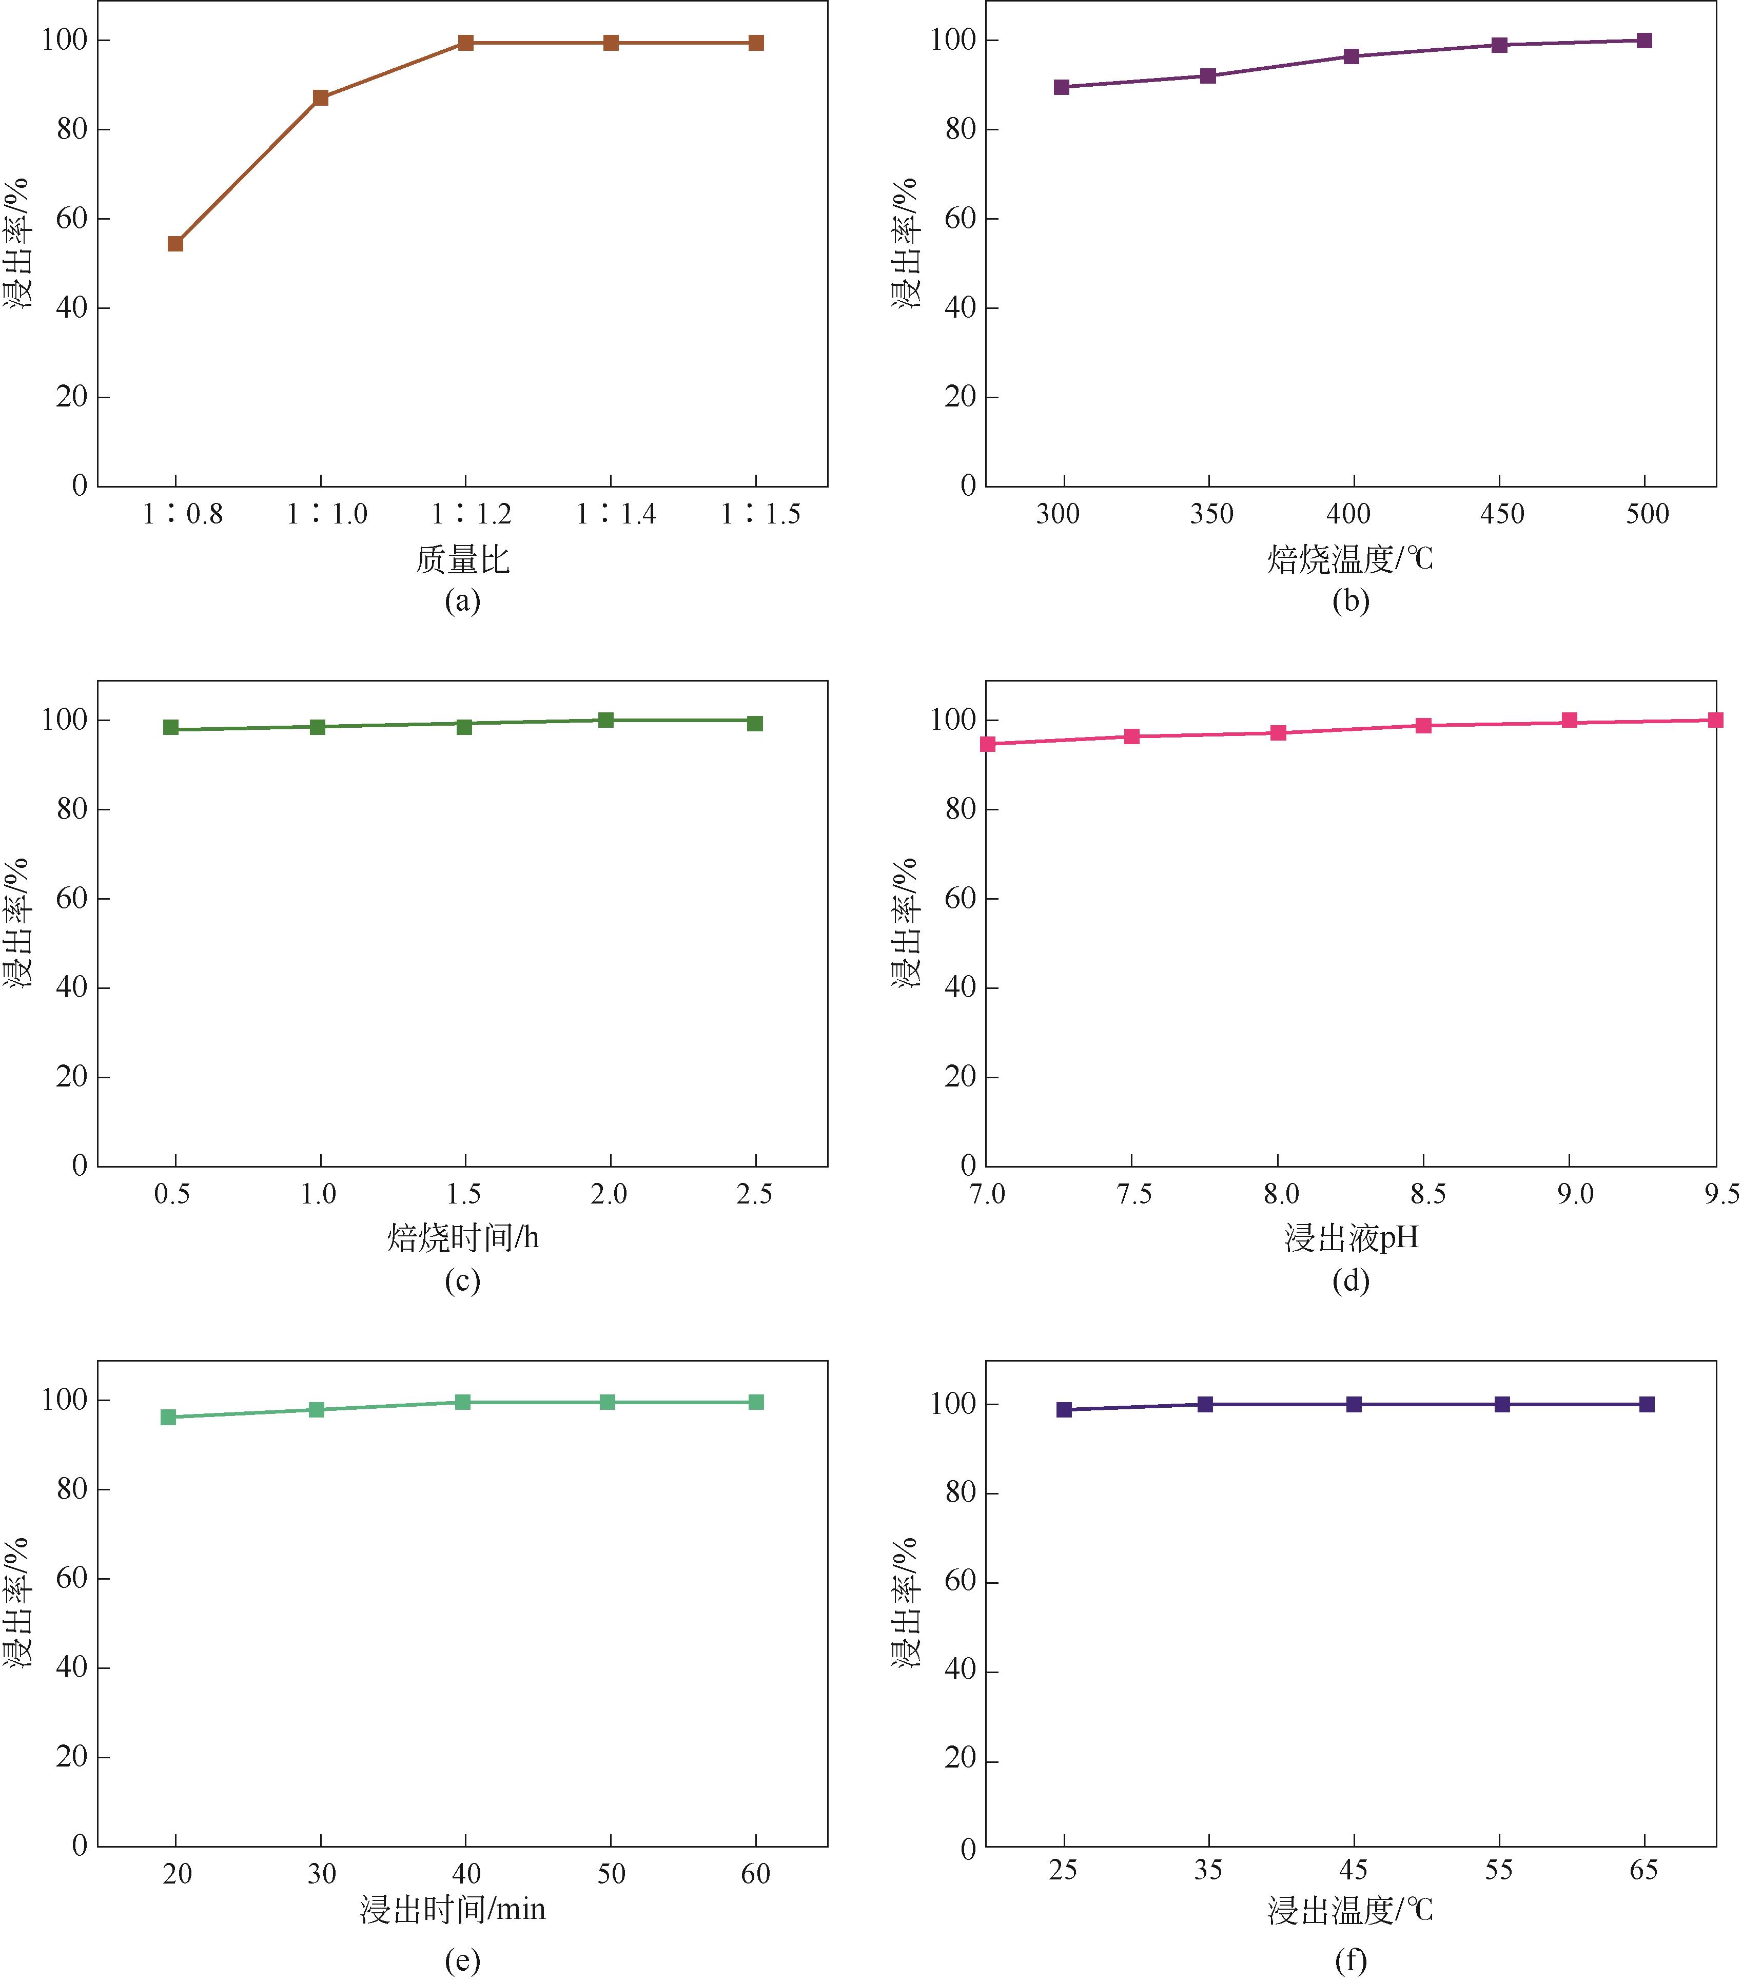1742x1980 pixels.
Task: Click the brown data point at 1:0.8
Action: point(175,243)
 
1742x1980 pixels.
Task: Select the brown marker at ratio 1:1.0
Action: point(321,98)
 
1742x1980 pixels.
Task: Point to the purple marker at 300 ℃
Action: point(1061,87)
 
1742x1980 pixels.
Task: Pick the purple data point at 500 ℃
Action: point(1644,41)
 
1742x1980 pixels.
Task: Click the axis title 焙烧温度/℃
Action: point(1350,559)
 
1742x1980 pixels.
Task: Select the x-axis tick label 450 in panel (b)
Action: point(1502,514)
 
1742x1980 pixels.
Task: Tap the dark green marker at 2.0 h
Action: point(606,720)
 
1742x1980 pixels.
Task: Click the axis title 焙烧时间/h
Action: point(463,1238)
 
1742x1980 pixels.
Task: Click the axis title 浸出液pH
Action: point(1351,1238)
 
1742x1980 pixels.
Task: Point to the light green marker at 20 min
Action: point(168,1417)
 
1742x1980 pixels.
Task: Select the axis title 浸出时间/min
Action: point(453,1909)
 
